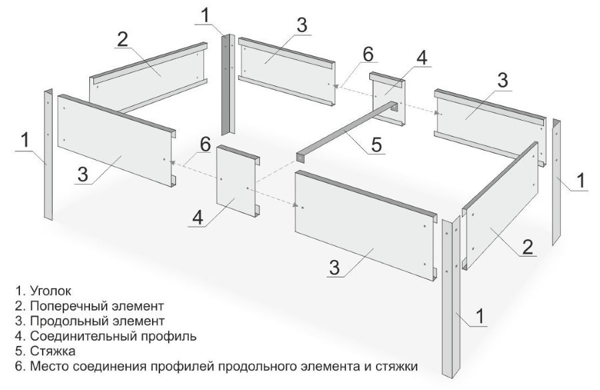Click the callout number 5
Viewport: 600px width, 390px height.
pos(376,145)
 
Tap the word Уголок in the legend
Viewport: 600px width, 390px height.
pos(51,291)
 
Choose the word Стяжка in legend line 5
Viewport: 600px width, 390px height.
pos(53,351)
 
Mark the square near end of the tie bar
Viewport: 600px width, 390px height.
pos(301,157)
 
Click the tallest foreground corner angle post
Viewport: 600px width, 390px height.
pos(452,296)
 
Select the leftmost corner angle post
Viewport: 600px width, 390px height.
pos(48,154)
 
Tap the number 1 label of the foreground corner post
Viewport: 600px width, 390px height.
pos(479,316)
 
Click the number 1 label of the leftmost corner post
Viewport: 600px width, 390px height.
pos(25,140)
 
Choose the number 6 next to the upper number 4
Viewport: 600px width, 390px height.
pos(368,55)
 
